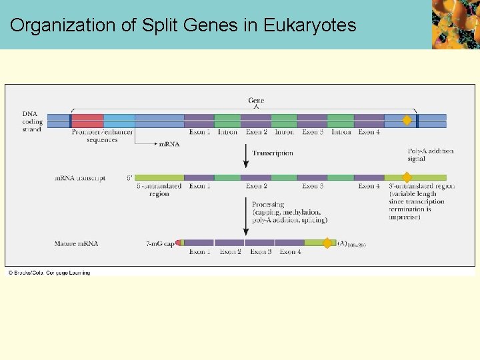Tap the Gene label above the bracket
click(256, 101)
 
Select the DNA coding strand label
click(32, 121)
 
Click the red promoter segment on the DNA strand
click(87, 121)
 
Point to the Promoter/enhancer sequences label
click(102, 136)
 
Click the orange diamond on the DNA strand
click(407, 121)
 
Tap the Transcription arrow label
click(272, 153)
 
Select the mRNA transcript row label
click(80, 179)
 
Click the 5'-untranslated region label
click(159, 190)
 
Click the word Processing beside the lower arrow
click(268, 205)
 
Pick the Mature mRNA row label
click(76, 244)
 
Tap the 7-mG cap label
click(159, 244)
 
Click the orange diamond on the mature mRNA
click(327, 243)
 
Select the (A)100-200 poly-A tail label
click(351, 244)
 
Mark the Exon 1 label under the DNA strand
click(199, 132)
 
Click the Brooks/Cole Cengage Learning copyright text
click(49, 273)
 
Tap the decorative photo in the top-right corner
click(455, 25)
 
